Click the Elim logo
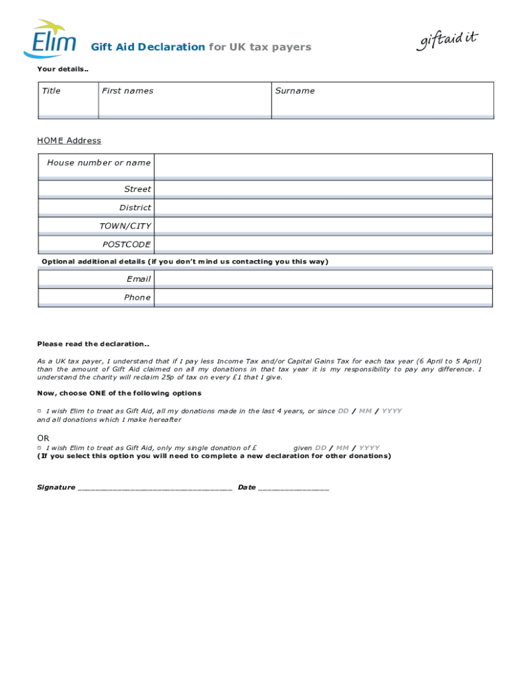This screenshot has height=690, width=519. [x=51, y=39]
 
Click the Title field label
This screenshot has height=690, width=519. [x=51, y=91]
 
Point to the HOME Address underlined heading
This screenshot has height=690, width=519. [x=69, y=141]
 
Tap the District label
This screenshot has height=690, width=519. [x=135, y=208]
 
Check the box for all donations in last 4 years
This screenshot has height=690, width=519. [x=39, y=411]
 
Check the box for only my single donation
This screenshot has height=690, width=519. [x=39, y=447]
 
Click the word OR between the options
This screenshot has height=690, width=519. [x=44, y=438]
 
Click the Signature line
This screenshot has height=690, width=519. [x=155, y=487]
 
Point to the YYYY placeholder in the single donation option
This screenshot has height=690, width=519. [x=369, y=448]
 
